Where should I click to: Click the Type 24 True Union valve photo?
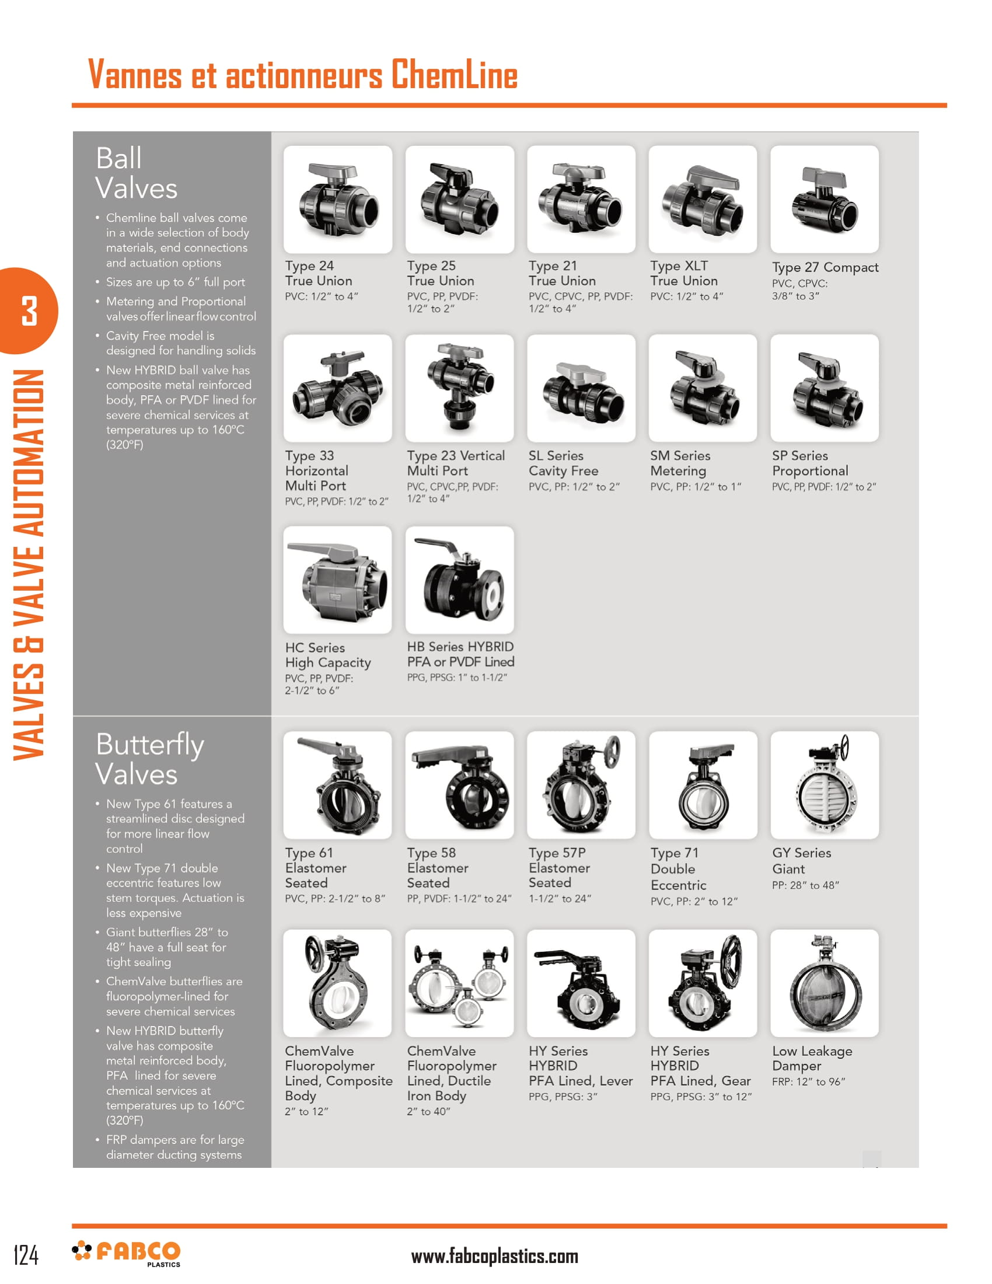[x=337, y=199]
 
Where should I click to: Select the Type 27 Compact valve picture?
[x=824, y=199]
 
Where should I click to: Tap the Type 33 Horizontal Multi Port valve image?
[x=337, y=388]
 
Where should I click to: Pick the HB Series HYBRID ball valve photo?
[x=459, y=580]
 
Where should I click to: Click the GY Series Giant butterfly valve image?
[x=824, y=784]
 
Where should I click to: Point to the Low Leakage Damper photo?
[x=824, y=982]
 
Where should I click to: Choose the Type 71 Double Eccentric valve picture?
[x=703, y=784]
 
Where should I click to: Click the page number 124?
[x=26, y=1255]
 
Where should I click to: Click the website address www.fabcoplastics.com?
[x=494, y=1257]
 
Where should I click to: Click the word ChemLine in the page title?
[x=454, y=75]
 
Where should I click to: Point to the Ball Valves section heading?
[x=136, y=173]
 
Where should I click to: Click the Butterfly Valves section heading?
[x=150, y=758]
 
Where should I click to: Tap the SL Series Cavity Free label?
[x=563, y=463]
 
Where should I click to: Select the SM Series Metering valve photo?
[x=703, y=388]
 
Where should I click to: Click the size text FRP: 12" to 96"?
[x=808, y=1081]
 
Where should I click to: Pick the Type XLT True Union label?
[x=683, y=273]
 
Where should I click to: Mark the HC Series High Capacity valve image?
[x=337, y=580]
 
